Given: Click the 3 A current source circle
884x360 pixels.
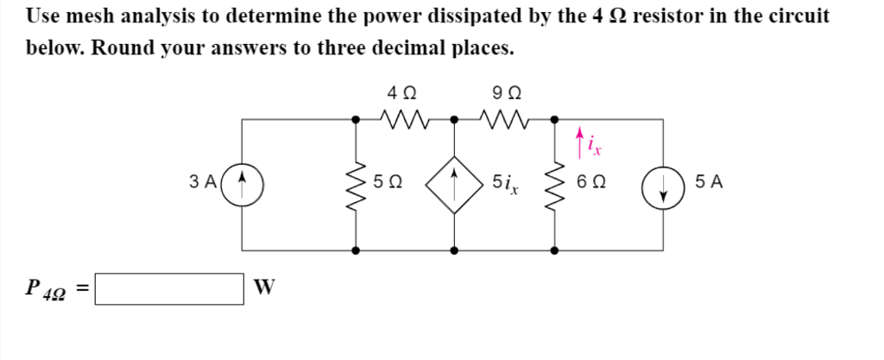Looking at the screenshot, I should point(243,183).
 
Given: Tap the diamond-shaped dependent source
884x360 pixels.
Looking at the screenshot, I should point(455,183).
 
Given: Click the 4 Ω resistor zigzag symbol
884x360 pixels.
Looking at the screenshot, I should point(402,117).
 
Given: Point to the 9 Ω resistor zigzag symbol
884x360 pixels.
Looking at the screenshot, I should point(504,117).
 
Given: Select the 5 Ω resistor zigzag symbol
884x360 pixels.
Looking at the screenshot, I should point(357,183).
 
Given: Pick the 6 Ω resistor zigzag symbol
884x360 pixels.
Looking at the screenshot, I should point(554,183).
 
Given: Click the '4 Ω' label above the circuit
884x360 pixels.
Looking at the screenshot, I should point(402,91).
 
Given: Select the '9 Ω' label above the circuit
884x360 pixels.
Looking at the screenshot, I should point(505,91).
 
